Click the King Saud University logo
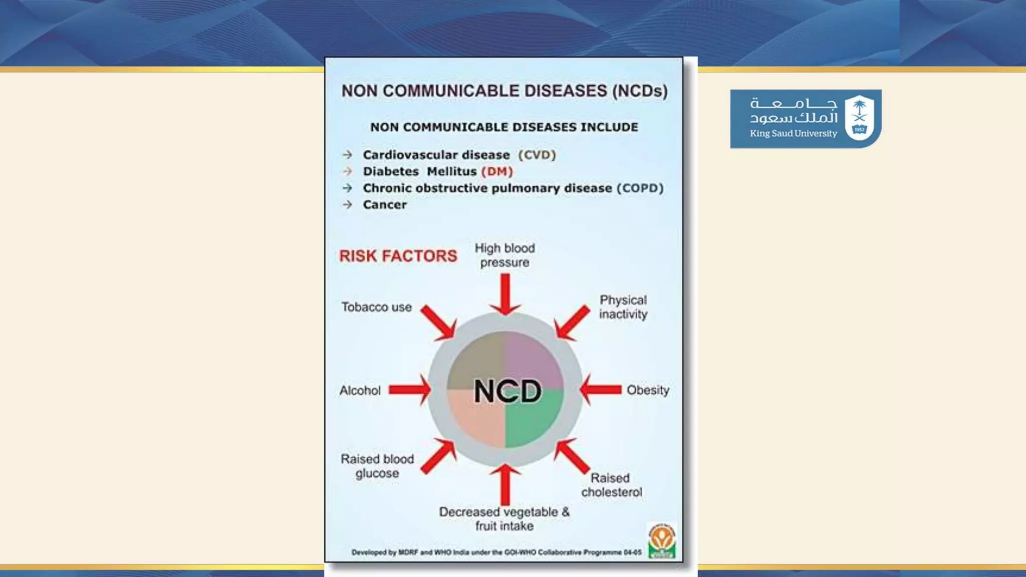tap(805, 119)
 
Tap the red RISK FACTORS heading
tap(398, 256)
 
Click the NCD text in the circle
tap(507, 391)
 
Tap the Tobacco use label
tap(377, 307)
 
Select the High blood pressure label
tap(504, 255)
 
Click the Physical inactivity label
tap(623, 307)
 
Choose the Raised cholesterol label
tap(612, 485)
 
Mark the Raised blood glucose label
tap(377, 466)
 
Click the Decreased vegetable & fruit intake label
tap(504, 519)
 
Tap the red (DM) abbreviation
tap(497, 171)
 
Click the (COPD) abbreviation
tap(640, 188)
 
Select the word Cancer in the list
tap(385, 204)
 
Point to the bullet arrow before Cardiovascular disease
tap(347, 155)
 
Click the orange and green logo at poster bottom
tap(662, 541)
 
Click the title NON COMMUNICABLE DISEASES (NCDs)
tap(504, 91)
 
